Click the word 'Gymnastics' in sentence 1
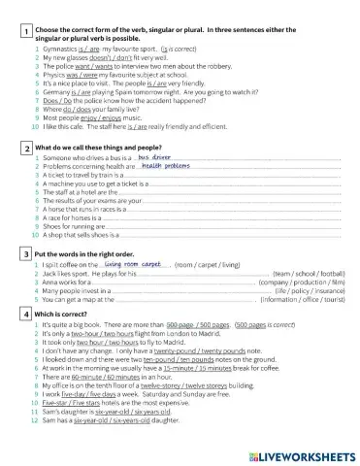(x=56, y=46)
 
